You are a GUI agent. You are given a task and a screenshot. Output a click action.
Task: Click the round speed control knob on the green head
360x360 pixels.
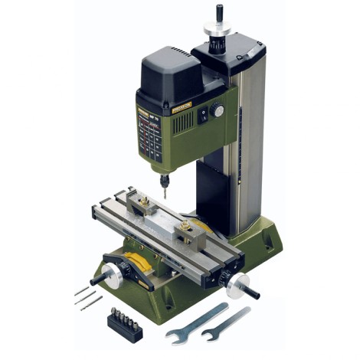click(218, 111)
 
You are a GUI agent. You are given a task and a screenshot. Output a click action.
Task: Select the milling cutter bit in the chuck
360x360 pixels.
click(164, 190)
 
